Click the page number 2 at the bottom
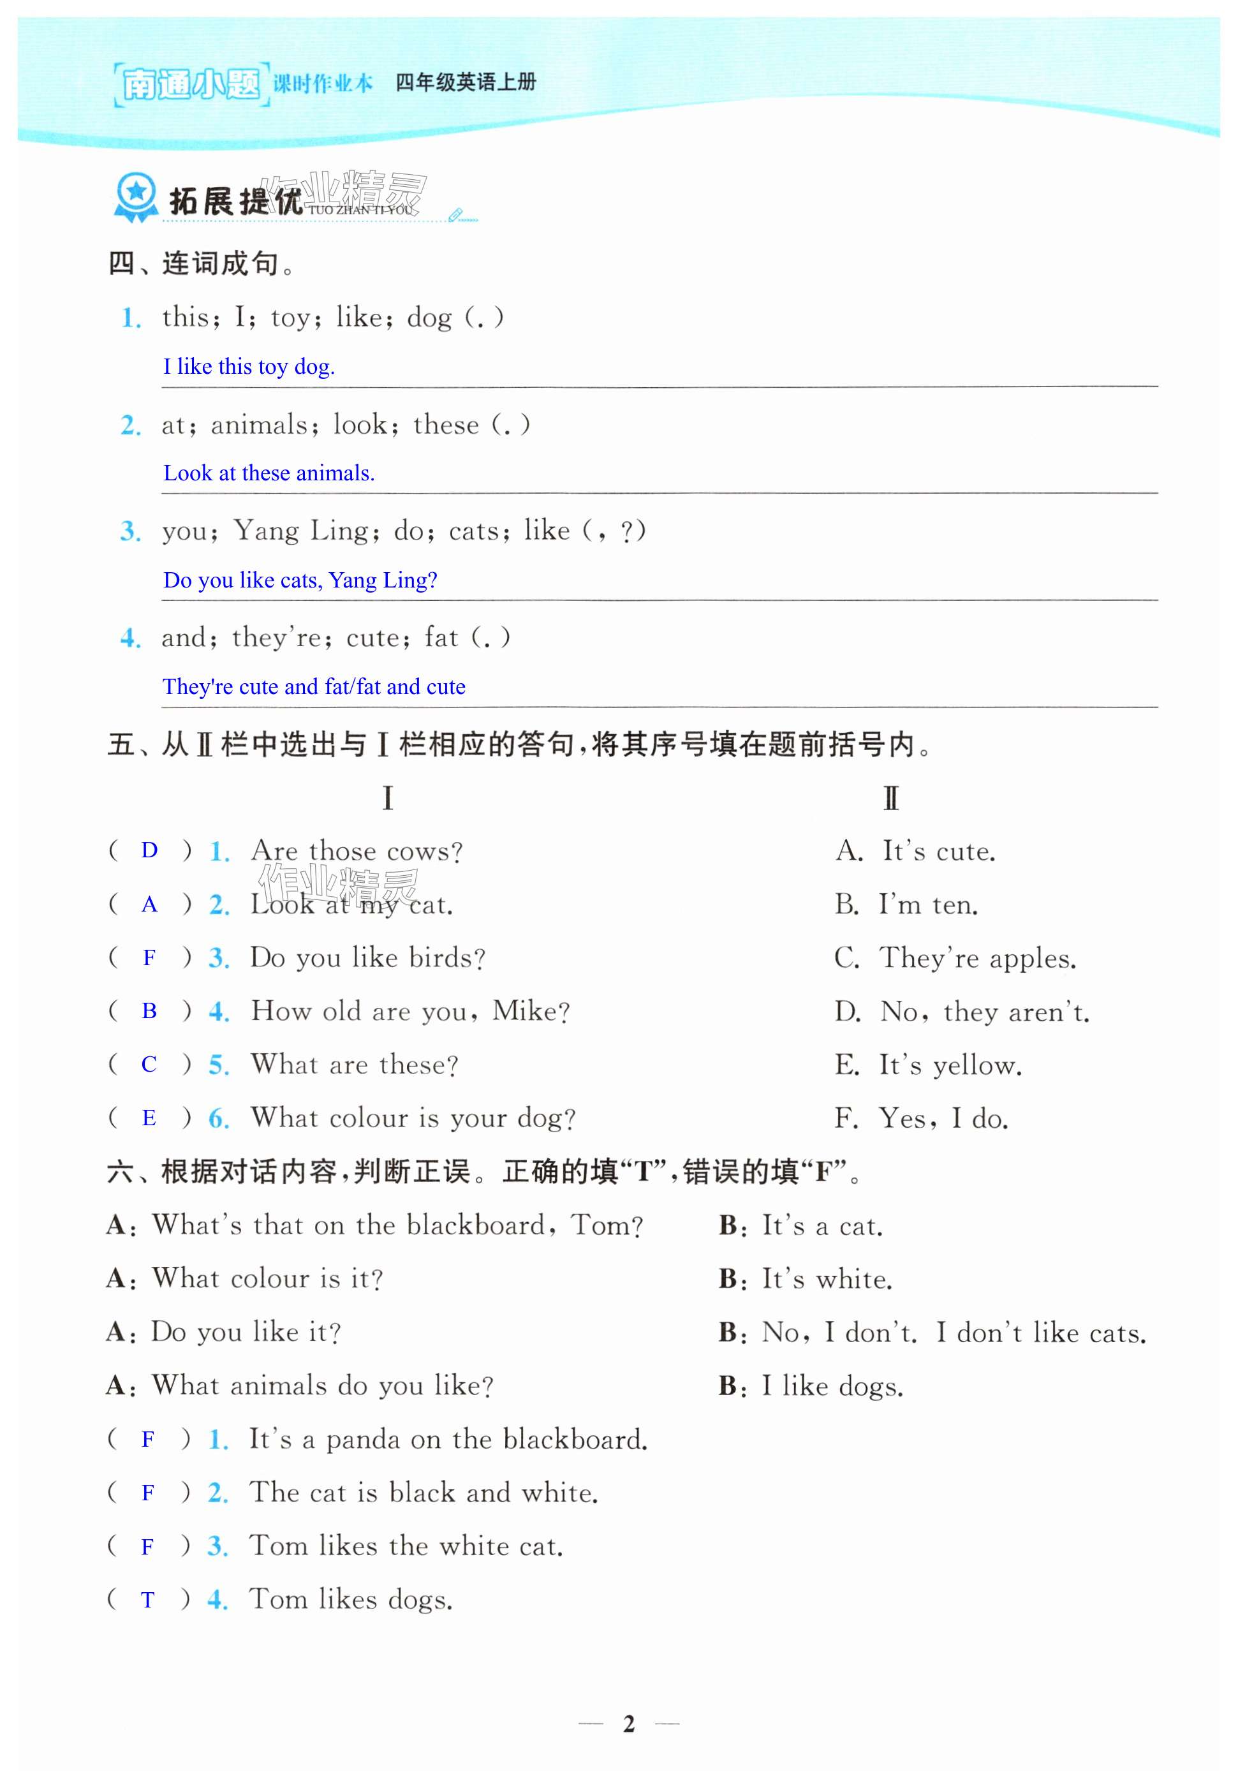(x=628, y=1724)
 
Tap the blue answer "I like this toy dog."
(x=248, y=367)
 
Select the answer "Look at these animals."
(x=269, y=473)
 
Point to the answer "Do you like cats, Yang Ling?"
(x=299, y=580)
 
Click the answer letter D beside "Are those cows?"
(x=149, y=851)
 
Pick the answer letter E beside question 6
(x=149, y=1118)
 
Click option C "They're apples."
(x=955, y=959)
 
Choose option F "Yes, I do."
(x=921, y=1119)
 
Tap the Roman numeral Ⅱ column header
(x=890, y=798)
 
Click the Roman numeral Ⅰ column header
(x=387, y=798)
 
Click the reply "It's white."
(x=826, y=1279)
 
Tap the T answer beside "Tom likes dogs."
(x=147, y=1599)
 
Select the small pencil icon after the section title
(x=456, y=214)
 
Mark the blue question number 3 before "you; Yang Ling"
(x=130, y=532)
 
